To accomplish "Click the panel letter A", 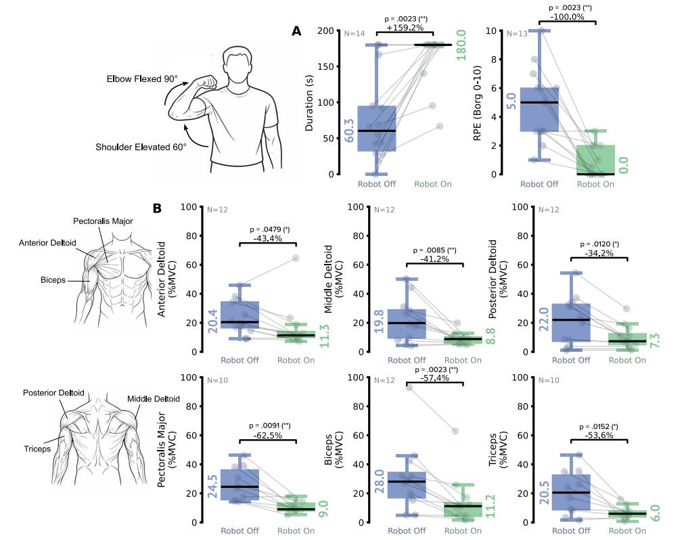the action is coord(296,31).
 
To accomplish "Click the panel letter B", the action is coord(158,208).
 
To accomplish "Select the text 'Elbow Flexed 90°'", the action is coord(142,79).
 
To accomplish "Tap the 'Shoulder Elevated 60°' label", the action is coord(141,147).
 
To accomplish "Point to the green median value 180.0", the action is coord(461,45).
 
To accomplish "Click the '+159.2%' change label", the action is coord(405,28).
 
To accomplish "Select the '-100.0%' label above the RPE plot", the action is coord(567,17).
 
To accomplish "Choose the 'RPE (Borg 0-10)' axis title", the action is coord(478,104).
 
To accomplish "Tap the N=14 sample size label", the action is coord(355,34).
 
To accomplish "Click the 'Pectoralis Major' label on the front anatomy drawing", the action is coord(103,221).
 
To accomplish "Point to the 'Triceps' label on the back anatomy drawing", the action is coord(37,449).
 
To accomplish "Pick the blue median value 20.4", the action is coord(212,321).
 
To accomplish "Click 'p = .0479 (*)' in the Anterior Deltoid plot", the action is coord(269,230).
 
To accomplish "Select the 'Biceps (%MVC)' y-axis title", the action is coord(334,449).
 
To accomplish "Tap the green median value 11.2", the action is coord(490,506).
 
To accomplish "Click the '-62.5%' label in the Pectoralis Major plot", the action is coord(268,435).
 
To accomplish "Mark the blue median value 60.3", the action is coord(349,131).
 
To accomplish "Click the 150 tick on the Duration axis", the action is coord(325,66).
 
